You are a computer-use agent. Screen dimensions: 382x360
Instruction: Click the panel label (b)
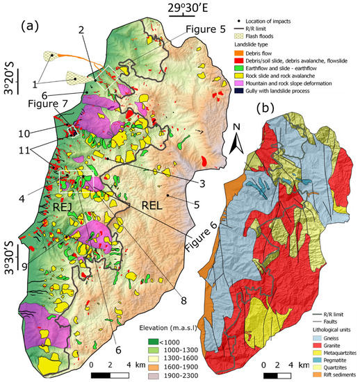tap(267, 108)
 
